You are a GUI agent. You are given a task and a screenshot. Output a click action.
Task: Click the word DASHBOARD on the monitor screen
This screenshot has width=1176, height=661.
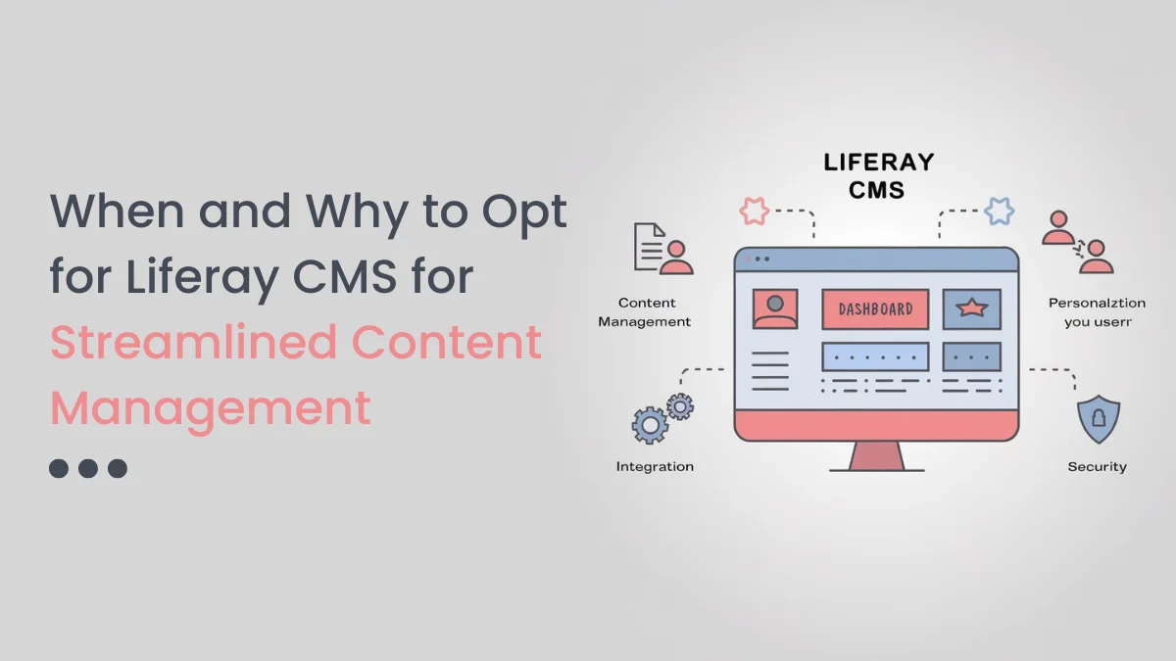(874, 308)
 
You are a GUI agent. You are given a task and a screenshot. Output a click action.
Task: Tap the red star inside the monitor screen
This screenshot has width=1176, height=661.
(971, 308)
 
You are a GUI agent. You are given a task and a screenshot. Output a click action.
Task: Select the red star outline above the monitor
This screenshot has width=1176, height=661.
(754, 211)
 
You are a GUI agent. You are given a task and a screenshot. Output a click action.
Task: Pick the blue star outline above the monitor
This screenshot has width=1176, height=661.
(999, 211)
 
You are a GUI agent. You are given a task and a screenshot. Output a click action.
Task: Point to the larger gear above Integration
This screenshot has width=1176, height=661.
(650, 426)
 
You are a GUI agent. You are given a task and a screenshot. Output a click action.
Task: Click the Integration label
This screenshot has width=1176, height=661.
(655, 467)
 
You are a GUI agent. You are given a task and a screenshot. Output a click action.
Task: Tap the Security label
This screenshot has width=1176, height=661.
(1097, 467)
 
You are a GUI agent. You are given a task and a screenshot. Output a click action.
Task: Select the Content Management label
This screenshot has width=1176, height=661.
(645, 312)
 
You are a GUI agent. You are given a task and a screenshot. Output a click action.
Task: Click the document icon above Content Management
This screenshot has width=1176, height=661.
(650, 246)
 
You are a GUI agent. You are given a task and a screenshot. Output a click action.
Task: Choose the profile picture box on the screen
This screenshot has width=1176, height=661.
(774, 308)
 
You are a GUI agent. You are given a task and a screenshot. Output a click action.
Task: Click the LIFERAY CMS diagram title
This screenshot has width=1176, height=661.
(878, 174)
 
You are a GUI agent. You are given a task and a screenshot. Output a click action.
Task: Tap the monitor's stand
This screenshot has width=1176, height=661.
(876, 457)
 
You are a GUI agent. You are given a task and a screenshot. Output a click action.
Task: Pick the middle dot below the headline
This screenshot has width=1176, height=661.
(88, 468)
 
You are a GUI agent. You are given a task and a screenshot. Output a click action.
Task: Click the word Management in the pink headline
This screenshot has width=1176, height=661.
(211, 407)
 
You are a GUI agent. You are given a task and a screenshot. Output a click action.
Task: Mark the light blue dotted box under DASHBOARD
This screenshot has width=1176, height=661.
(874, 355)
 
